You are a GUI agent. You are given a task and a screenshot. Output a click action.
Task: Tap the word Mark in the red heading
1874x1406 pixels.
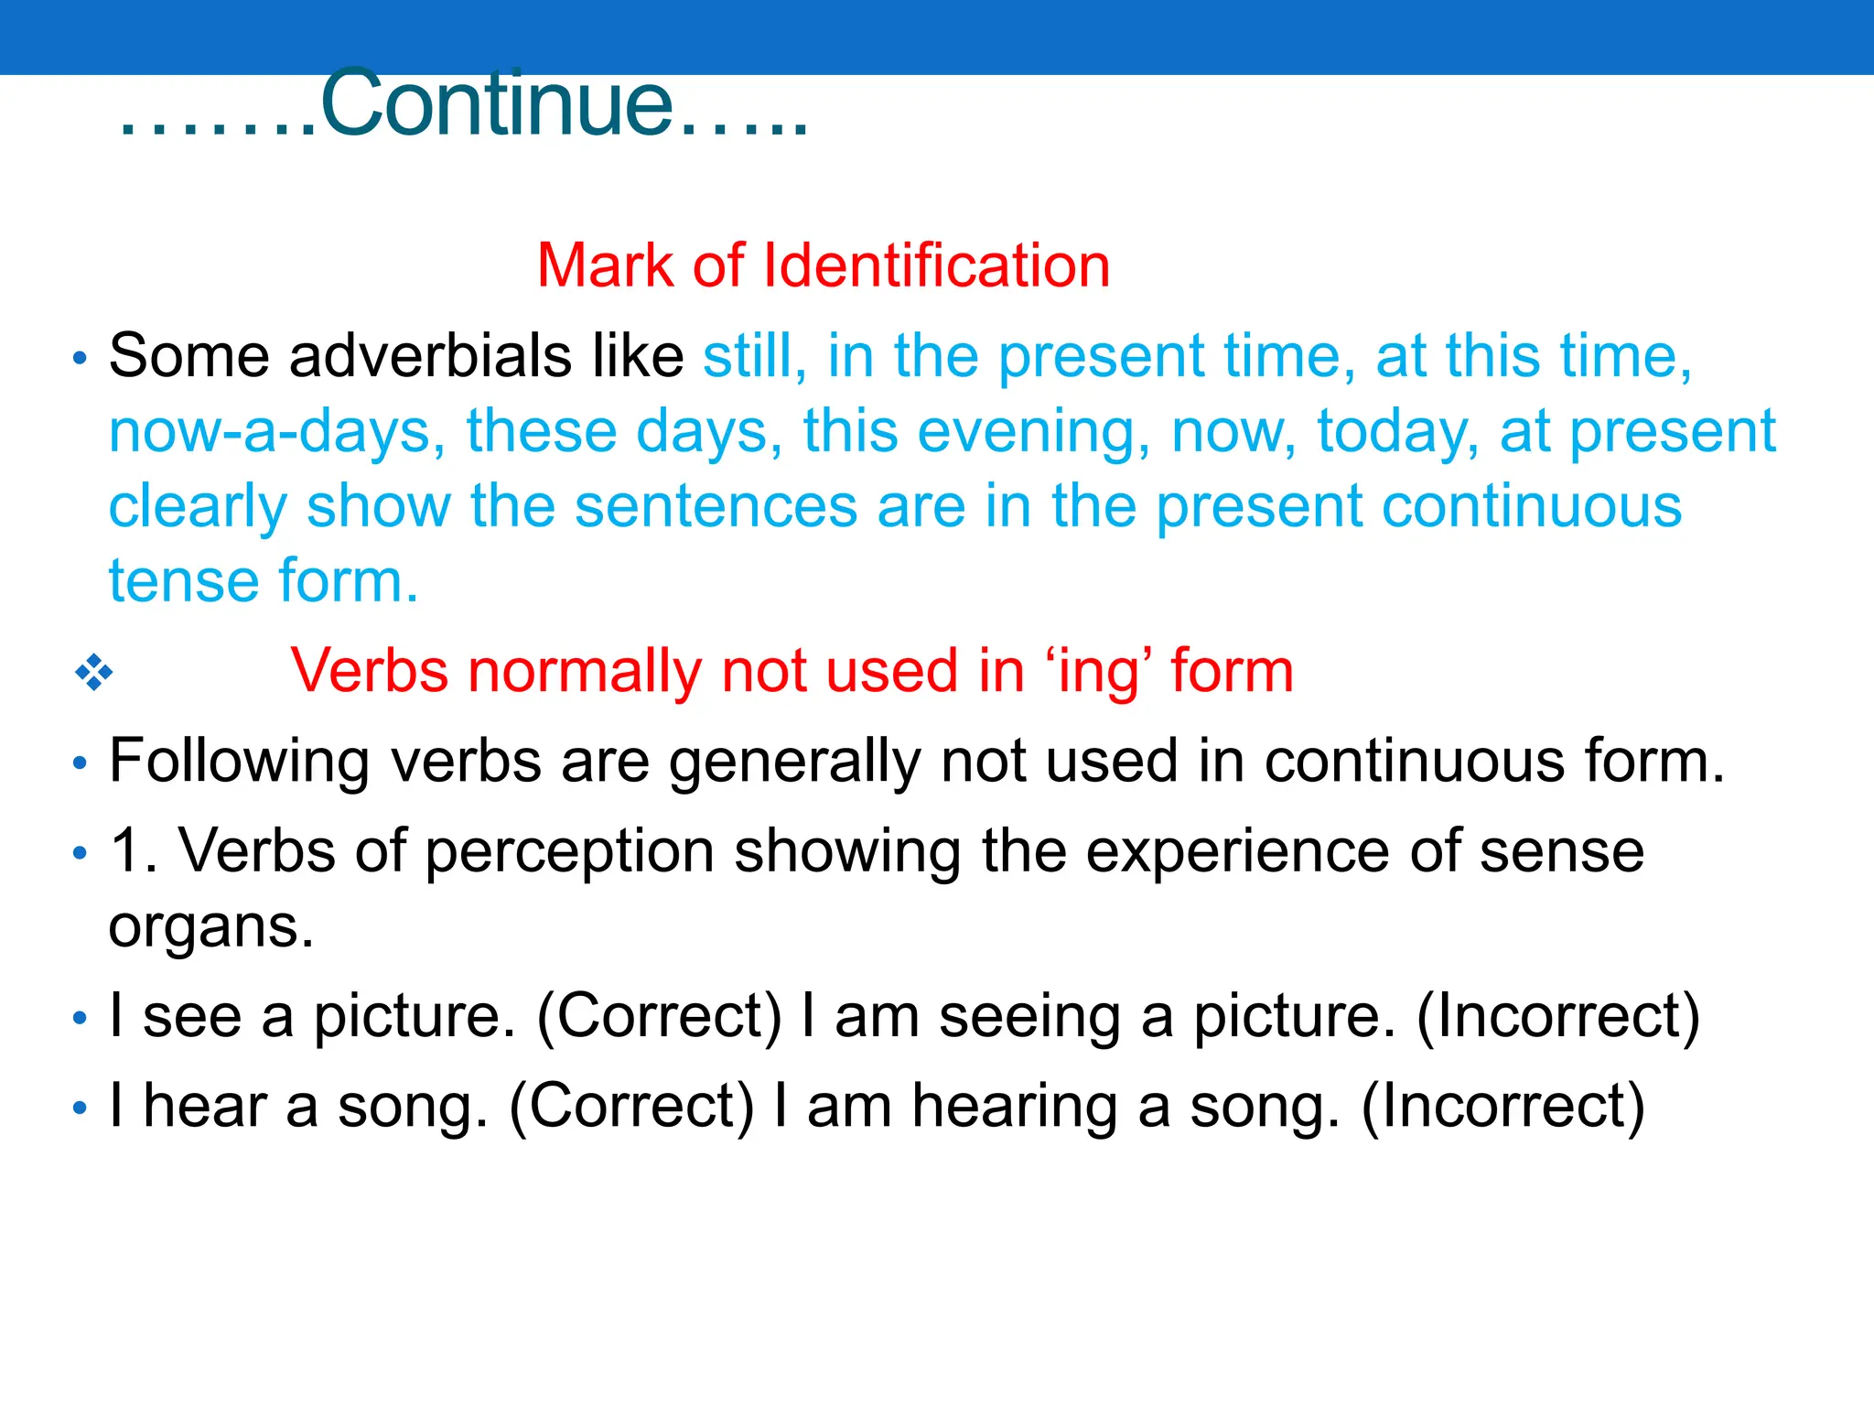click(605, 265)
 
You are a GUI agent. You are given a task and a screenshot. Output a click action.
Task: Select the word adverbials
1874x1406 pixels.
click(429, 355)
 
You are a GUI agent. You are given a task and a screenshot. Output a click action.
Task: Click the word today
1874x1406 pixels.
click(1396, 431)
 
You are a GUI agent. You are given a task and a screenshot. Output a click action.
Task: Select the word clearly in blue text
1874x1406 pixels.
click(197, 506)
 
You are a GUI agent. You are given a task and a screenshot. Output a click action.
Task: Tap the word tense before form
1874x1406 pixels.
click(183, 581)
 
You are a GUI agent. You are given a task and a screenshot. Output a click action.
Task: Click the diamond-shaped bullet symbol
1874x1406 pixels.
click(93, 673)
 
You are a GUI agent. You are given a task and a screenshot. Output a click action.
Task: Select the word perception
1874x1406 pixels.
click(569, 851)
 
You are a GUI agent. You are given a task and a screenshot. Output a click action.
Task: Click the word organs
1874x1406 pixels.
click(210, 926)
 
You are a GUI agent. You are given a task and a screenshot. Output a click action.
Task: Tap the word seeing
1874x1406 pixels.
click(1029, 1016)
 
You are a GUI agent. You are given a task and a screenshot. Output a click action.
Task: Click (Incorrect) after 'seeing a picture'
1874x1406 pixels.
click(1557, 1016)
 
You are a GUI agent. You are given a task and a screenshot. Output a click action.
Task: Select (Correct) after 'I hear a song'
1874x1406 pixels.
click(631, 1106)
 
